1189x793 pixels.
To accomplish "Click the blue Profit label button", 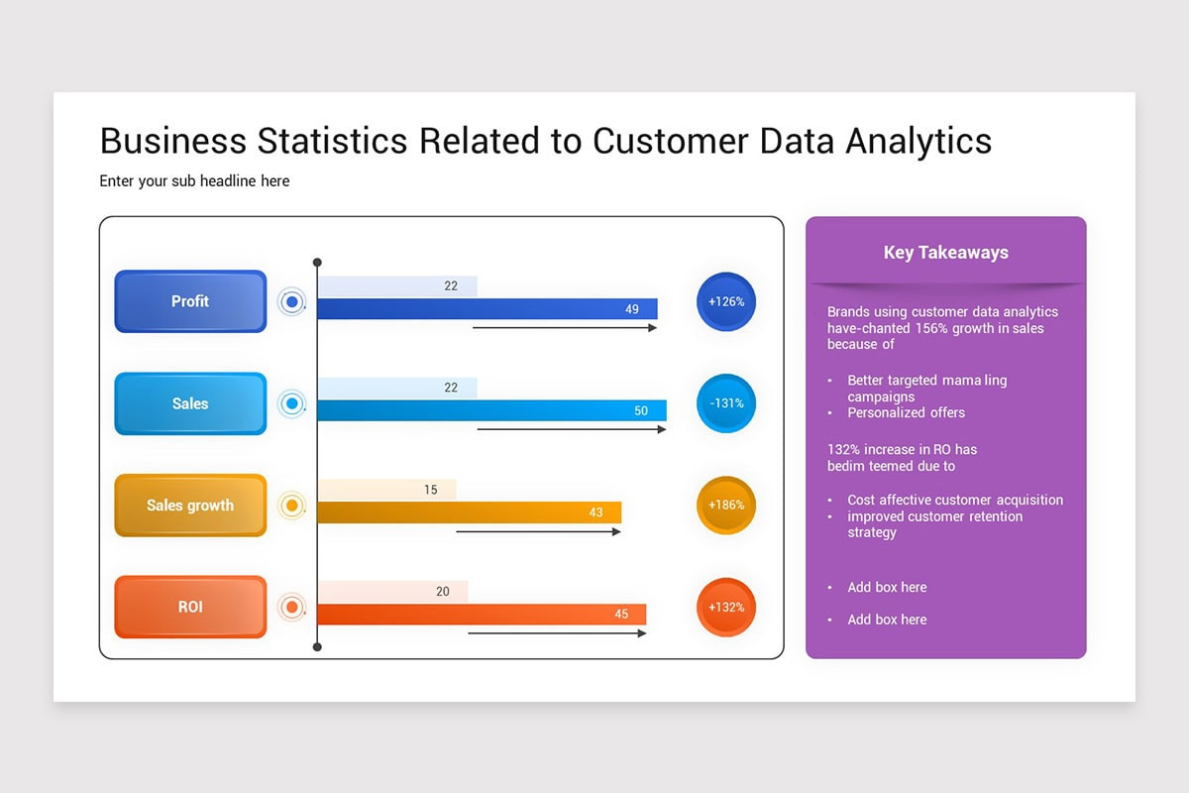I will click(190, 301).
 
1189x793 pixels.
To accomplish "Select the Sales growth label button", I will click(190, 506).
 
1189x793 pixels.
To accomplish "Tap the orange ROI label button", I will click(190, 607).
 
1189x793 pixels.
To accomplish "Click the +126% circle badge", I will click(726, 301).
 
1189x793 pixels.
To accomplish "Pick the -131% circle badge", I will click(726, 403).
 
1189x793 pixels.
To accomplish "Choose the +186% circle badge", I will click(726, 506).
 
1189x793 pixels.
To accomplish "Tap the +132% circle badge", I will click(726, 607).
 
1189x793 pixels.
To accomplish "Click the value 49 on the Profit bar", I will click(632, 309).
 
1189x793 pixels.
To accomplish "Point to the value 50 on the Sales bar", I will click(641, 411).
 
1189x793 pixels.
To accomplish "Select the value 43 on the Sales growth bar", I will click(596, 512).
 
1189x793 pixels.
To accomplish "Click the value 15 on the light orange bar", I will click(431, 490).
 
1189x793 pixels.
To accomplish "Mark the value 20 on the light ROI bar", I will click(443, 592).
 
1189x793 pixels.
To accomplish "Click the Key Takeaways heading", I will click(945, 253).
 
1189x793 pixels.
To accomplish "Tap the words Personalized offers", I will click(906, 412).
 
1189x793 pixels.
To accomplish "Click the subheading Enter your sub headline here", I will click(194, 181).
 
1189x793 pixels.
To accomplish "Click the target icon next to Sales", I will click(291, 403).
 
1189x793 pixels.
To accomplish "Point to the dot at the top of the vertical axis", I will click(317, 263).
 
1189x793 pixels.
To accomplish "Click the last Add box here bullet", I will click(887, 620).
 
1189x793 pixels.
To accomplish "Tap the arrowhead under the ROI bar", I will click(642, 633).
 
